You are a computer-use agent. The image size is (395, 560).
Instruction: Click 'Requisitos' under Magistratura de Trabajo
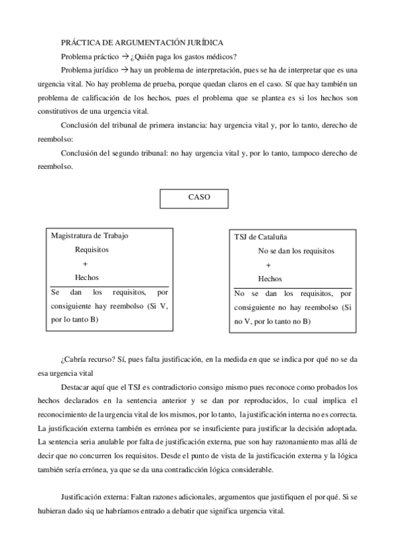pos(92,250)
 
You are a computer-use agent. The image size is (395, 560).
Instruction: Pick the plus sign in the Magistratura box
pos(85,264)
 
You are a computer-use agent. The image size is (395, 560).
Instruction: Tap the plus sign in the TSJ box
pos(268,265)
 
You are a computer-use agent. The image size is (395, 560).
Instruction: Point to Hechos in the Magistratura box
pos(86,278)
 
